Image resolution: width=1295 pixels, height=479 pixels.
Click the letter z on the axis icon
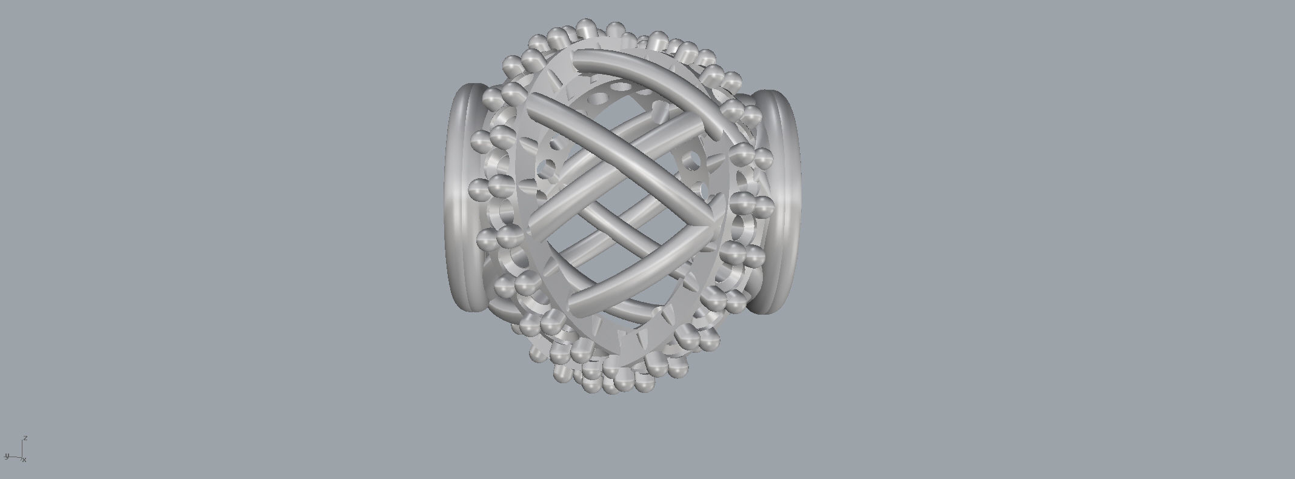[x=25, y=438]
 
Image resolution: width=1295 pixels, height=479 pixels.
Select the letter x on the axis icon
[x=24, y=460]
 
